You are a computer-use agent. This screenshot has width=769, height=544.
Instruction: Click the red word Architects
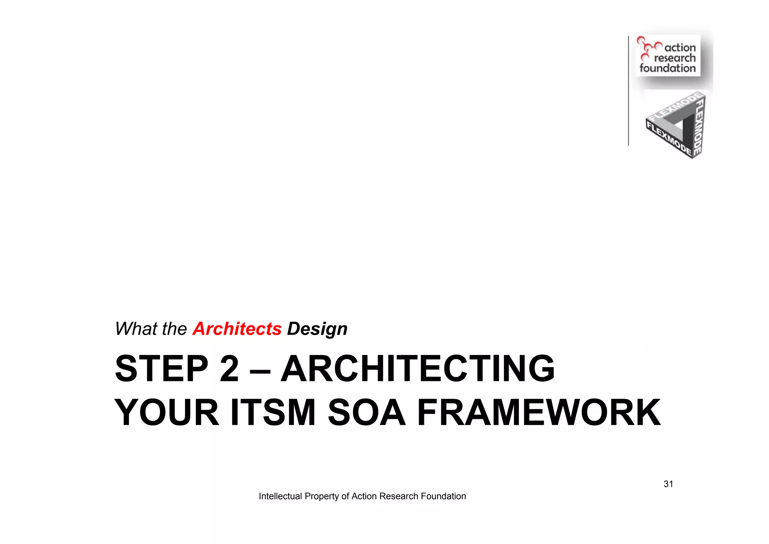[x=237, y=329]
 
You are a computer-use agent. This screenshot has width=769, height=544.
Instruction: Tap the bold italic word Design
[x=317, y=329]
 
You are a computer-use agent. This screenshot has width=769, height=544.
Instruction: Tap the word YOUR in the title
[x=167, y=413]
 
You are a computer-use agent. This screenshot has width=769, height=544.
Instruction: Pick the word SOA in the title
[x=367, y=413]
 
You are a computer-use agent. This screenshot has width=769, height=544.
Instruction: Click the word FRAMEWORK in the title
[x=539, y=413]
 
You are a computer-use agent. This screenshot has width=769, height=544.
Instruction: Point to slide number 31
[x=668, y=484]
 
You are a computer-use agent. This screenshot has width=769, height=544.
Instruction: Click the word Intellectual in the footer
[x=280, y=496]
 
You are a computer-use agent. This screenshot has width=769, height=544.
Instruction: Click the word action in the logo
[x=680, y=48]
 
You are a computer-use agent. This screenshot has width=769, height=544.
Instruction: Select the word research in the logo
[x=675, y=58]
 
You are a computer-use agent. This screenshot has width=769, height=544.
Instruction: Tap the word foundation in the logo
[x=668, y=68]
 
